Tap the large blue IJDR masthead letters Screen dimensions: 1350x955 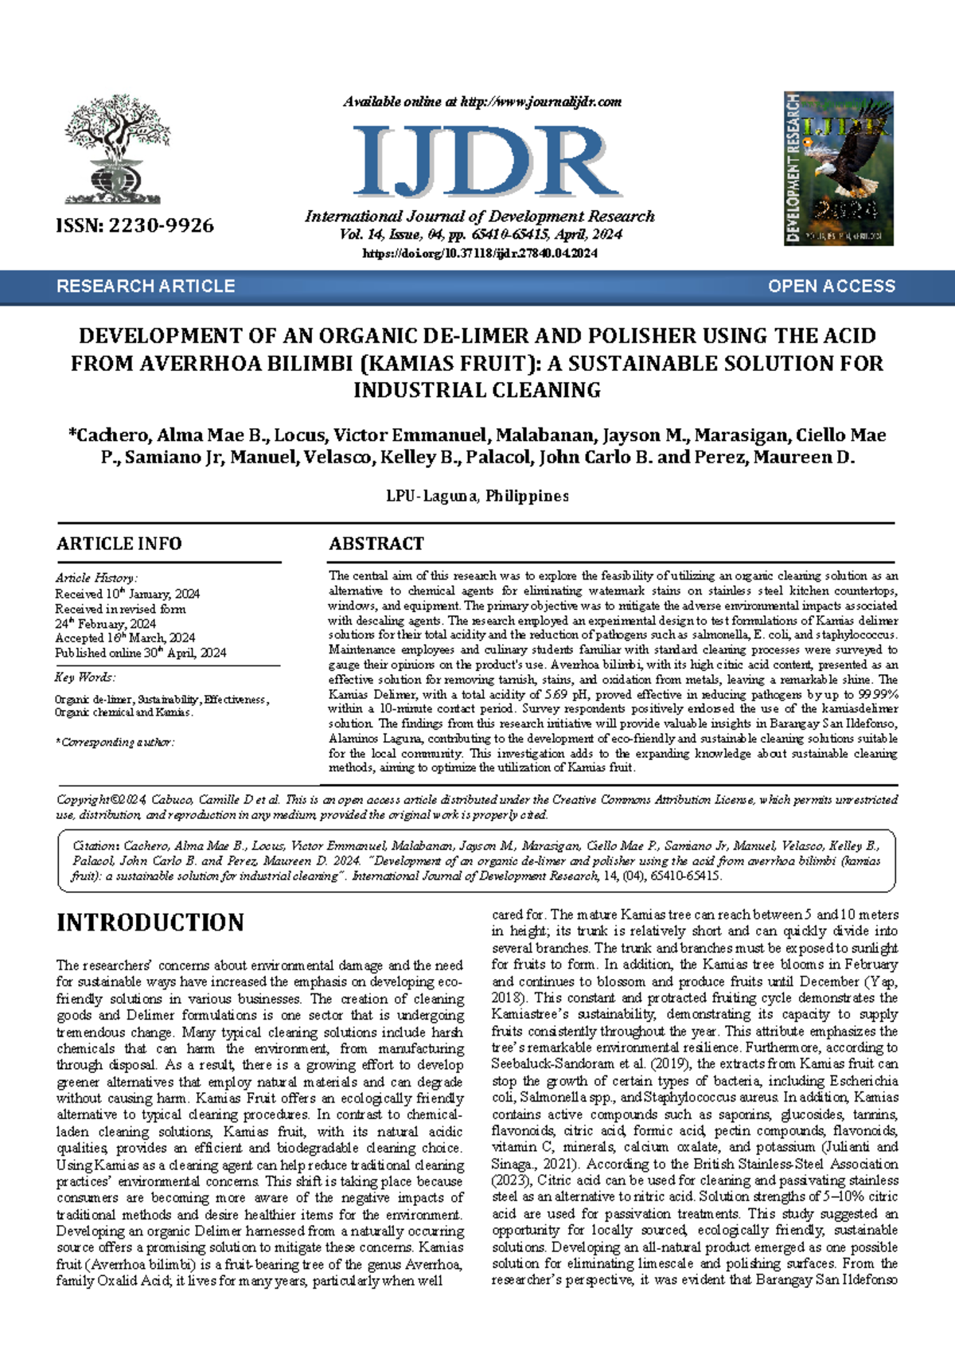pos(485,162)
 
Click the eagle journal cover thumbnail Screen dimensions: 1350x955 pos(839,168)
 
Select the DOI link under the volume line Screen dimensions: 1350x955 pos(480,253)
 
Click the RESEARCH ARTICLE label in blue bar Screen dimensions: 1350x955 pos(146,287)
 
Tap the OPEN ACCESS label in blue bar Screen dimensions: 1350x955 pos(831,287)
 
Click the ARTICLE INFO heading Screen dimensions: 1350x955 pos(119,544)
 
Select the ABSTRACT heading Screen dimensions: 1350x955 pos(376,544)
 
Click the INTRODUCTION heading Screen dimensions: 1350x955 pos(150,923)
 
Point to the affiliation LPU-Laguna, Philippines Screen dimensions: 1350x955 pos(477,496)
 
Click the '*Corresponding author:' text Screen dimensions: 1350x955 pos(115,742)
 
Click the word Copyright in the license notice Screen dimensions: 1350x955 pos(83,799)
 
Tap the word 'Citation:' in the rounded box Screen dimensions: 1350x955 pos(96,845)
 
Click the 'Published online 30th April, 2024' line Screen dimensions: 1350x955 pos(140,653)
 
